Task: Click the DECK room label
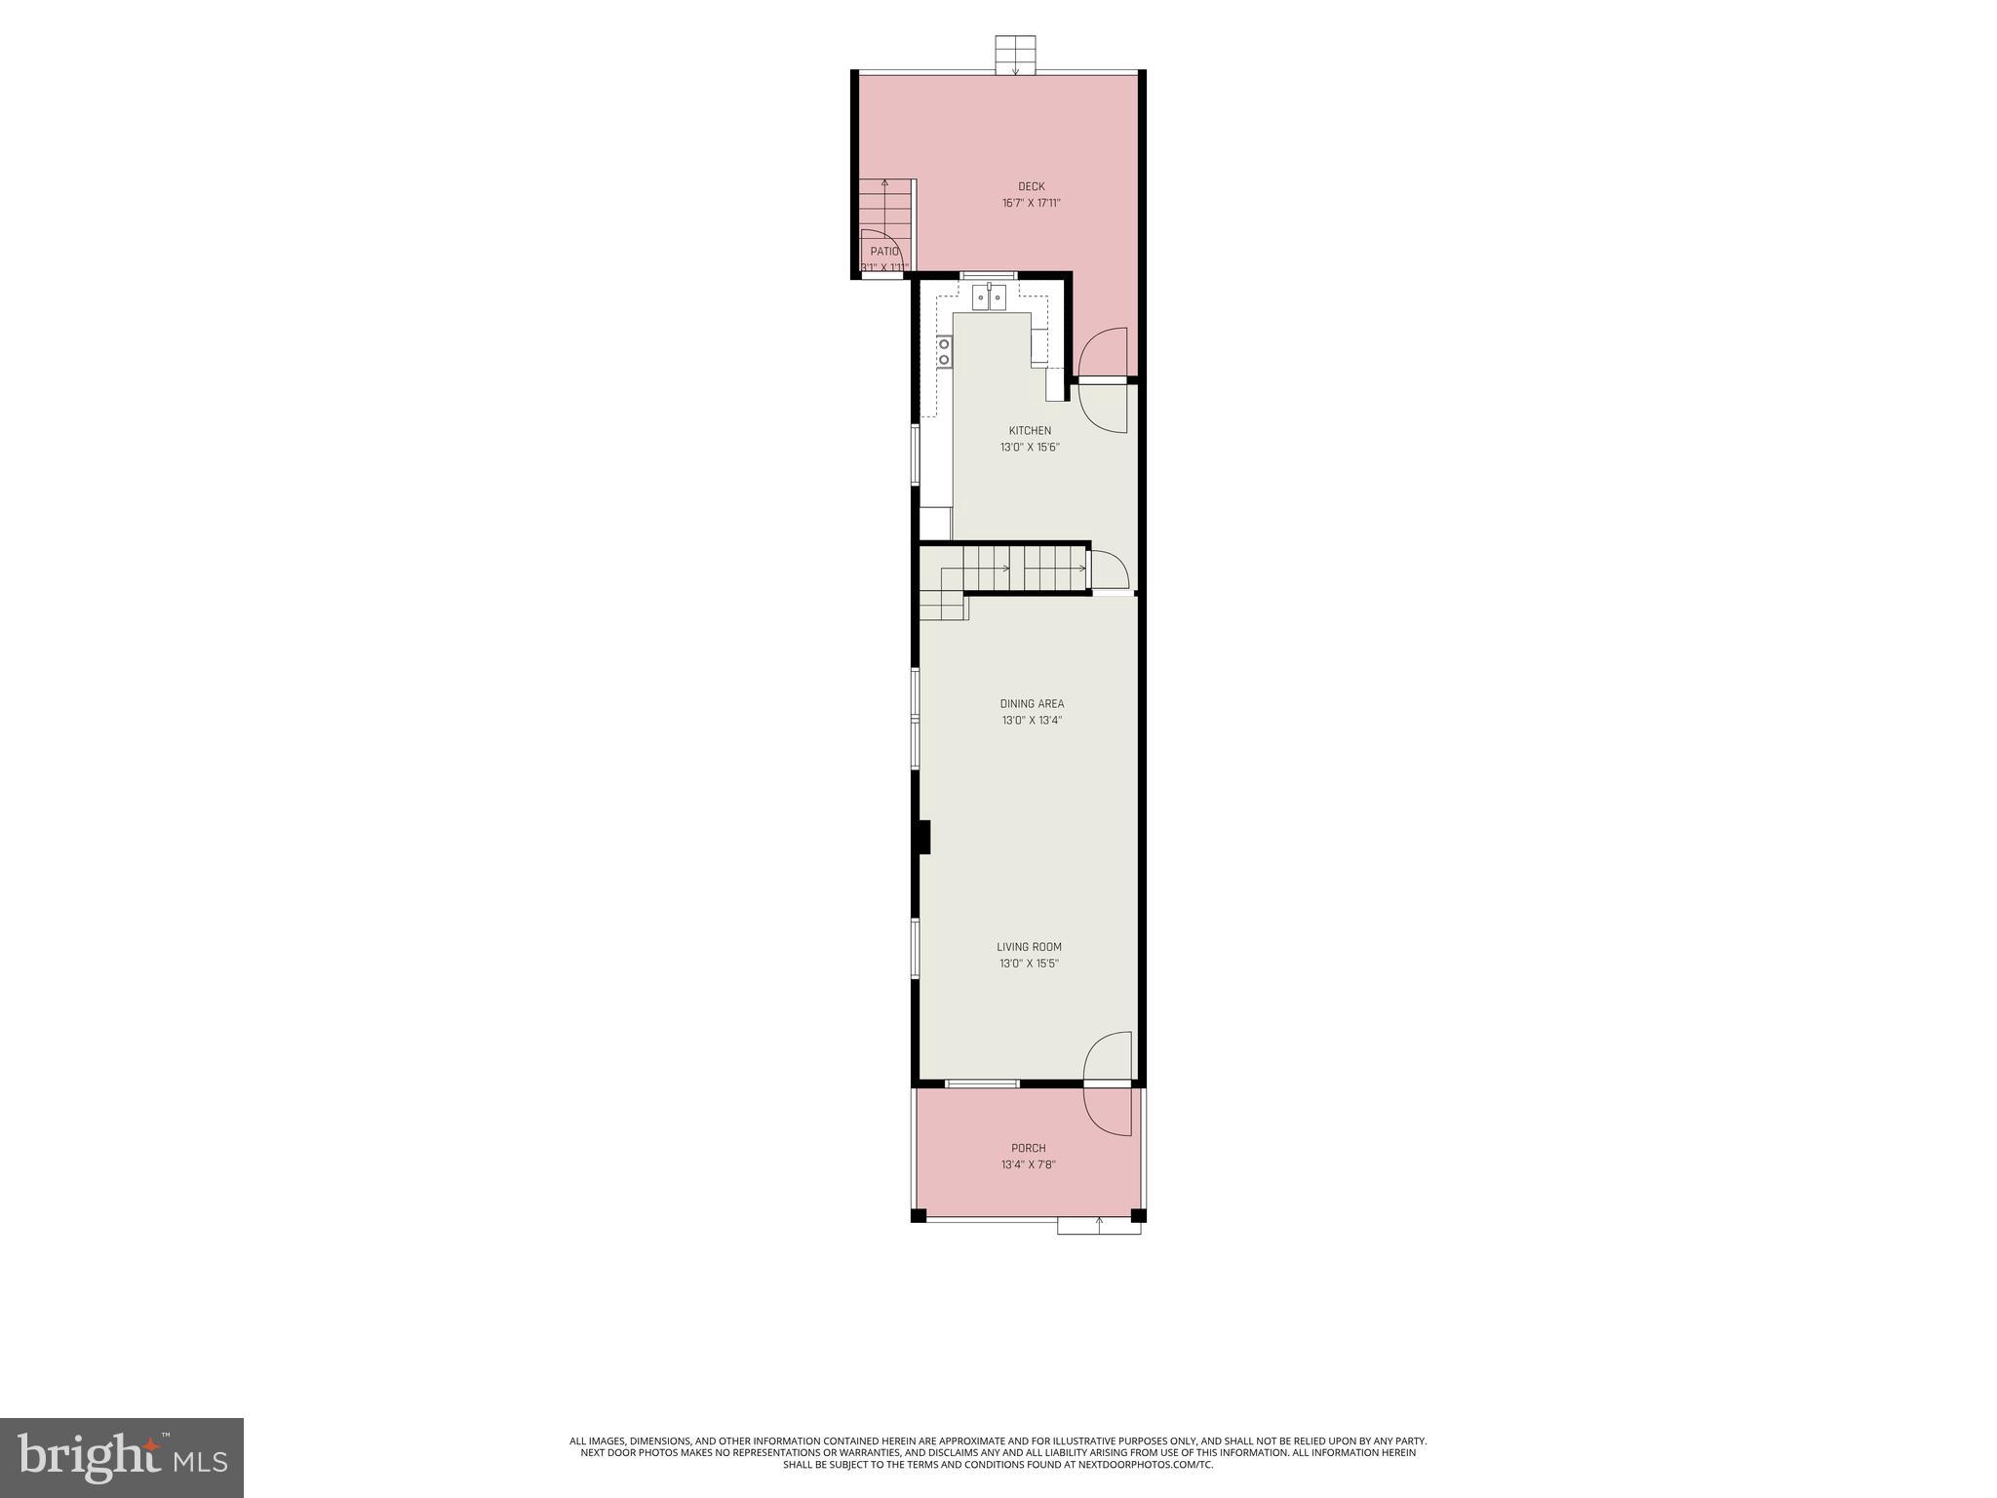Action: pyautogui.click(x=1031, y=186)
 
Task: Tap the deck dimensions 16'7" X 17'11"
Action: pyautogui.click(x=1031, y=204)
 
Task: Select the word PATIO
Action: pyautogui.click(x=883, y=252)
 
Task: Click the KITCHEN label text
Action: pyautogui.click(x=1030, y=431)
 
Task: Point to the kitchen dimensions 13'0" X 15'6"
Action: pyautogui.click(x=1030, y=448)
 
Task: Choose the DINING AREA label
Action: pyautogui.click(x=1032, y=704)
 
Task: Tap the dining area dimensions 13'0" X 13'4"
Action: pyautogui.click(x=1032, y=721)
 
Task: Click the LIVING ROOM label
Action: pyautogui.click(x=1029, y=947)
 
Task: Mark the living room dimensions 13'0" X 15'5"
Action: pyautogui.click(x=1029, y=964)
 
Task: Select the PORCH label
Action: pyautogui.click(x=1028, y=1148)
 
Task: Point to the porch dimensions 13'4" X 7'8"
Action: pyautogui.click(x=1028, y=1164)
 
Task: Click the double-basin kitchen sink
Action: pyautogui.click(x=990, y=297)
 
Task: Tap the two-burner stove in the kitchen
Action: pyautogui.click(x=944, y=352)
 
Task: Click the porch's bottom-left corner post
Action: pyautogui.click(x=918, y=1215)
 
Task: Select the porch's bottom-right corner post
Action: pyautogui.click(x=1137, y=1215)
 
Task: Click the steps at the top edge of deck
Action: pyautogui.click(x=1015, y=55)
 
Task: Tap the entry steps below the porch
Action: pyautogui.click(x=1099, y=1226)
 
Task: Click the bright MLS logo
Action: pyautogui.click(x=122, y=1457)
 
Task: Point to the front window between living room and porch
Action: pyautogui.click(x=982, y=1084)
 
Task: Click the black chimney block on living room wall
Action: pyautogui.click(x=924, y=838)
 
